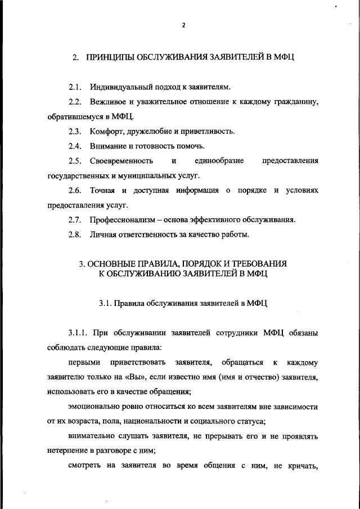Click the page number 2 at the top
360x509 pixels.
(x=183, y=25)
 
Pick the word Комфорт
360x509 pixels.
(x=107, y=131)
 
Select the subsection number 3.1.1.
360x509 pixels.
(x=78, y=333)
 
